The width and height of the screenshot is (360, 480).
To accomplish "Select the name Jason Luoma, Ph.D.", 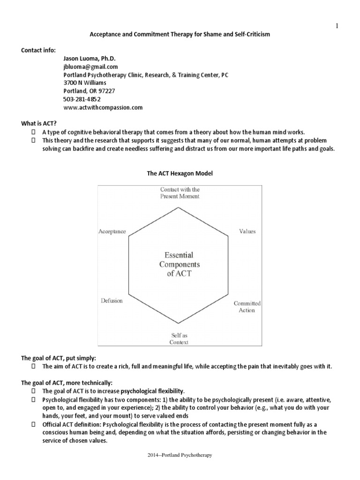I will tap(89, 58).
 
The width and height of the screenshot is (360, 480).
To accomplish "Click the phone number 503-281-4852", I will tap(82, 99).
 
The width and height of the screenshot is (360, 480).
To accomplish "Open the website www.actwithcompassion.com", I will tap(103, 107).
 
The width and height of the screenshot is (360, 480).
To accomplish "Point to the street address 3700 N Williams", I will tap(85, 83).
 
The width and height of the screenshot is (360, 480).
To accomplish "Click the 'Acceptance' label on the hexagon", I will tap(112, 231).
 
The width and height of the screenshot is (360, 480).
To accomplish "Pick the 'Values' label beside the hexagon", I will tap(247, 231).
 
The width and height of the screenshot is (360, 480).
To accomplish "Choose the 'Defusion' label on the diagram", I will tap(112, 300).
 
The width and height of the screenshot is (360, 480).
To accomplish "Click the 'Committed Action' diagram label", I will tap(247, 307).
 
